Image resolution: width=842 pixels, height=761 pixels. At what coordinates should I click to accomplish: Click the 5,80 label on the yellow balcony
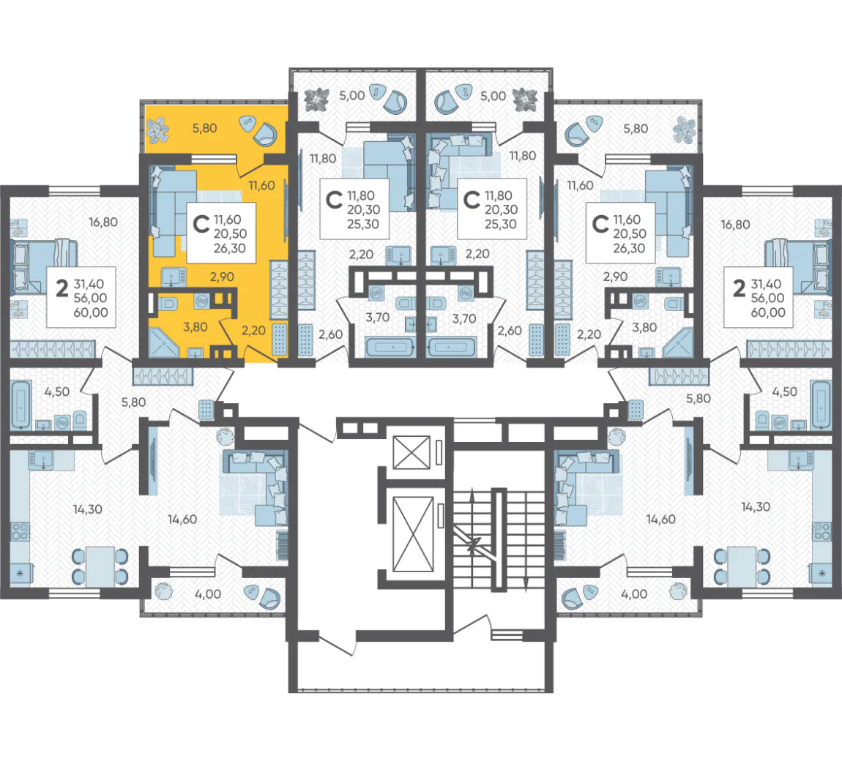(x=204, y=128)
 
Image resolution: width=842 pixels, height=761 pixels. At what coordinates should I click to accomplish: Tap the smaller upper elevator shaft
(x=412, y=452)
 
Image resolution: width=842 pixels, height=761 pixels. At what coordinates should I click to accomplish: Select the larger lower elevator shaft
(x=413, y=533)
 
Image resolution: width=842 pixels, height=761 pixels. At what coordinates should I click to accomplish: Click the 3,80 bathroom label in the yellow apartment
(x=195, y=327)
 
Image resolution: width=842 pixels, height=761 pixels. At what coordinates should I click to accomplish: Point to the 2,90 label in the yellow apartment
(x=222, y=277)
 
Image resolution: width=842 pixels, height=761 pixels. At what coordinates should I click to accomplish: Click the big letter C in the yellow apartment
(x=201, y=224)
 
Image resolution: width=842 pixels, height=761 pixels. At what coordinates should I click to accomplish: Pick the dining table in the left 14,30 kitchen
(x=100, y=566)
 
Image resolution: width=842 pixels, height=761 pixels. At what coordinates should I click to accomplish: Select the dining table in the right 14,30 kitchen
(x=742, y=566)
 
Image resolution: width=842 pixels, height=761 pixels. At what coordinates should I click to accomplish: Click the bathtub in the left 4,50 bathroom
(x=21, y=404)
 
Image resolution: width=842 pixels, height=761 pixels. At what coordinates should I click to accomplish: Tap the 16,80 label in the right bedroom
(x=735, y=225)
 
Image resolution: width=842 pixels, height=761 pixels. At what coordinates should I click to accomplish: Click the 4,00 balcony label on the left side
(x=208, y=594)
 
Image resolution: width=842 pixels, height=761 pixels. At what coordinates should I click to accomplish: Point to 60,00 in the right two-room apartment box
(x=768, y=312)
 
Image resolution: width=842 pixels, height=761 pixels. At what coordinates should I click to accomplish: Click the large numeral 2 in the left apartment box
(x=62, y=288)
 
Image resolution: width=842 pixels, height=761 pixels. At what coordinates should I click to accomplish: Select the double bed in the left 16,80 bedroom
(x=44, y=267)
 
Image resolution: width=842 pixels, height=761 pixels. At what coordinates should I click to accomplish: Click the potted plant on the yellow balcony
(x=158, y=130)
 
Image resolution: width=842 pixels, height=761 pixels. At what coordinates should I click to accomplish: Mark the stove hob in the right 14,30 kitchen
(x=821, y=531)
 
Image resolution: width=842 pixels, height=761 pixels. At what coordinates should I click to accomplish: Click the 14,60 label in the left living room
(x=182, y=520)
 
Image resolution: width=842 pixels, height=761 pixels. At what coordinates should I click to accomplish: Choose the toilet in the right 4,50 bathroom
(x=762, y=420)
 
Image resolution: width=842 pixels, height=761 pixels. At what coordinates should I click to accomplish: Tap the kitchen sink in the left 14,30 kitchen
(x=42, y=460)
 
